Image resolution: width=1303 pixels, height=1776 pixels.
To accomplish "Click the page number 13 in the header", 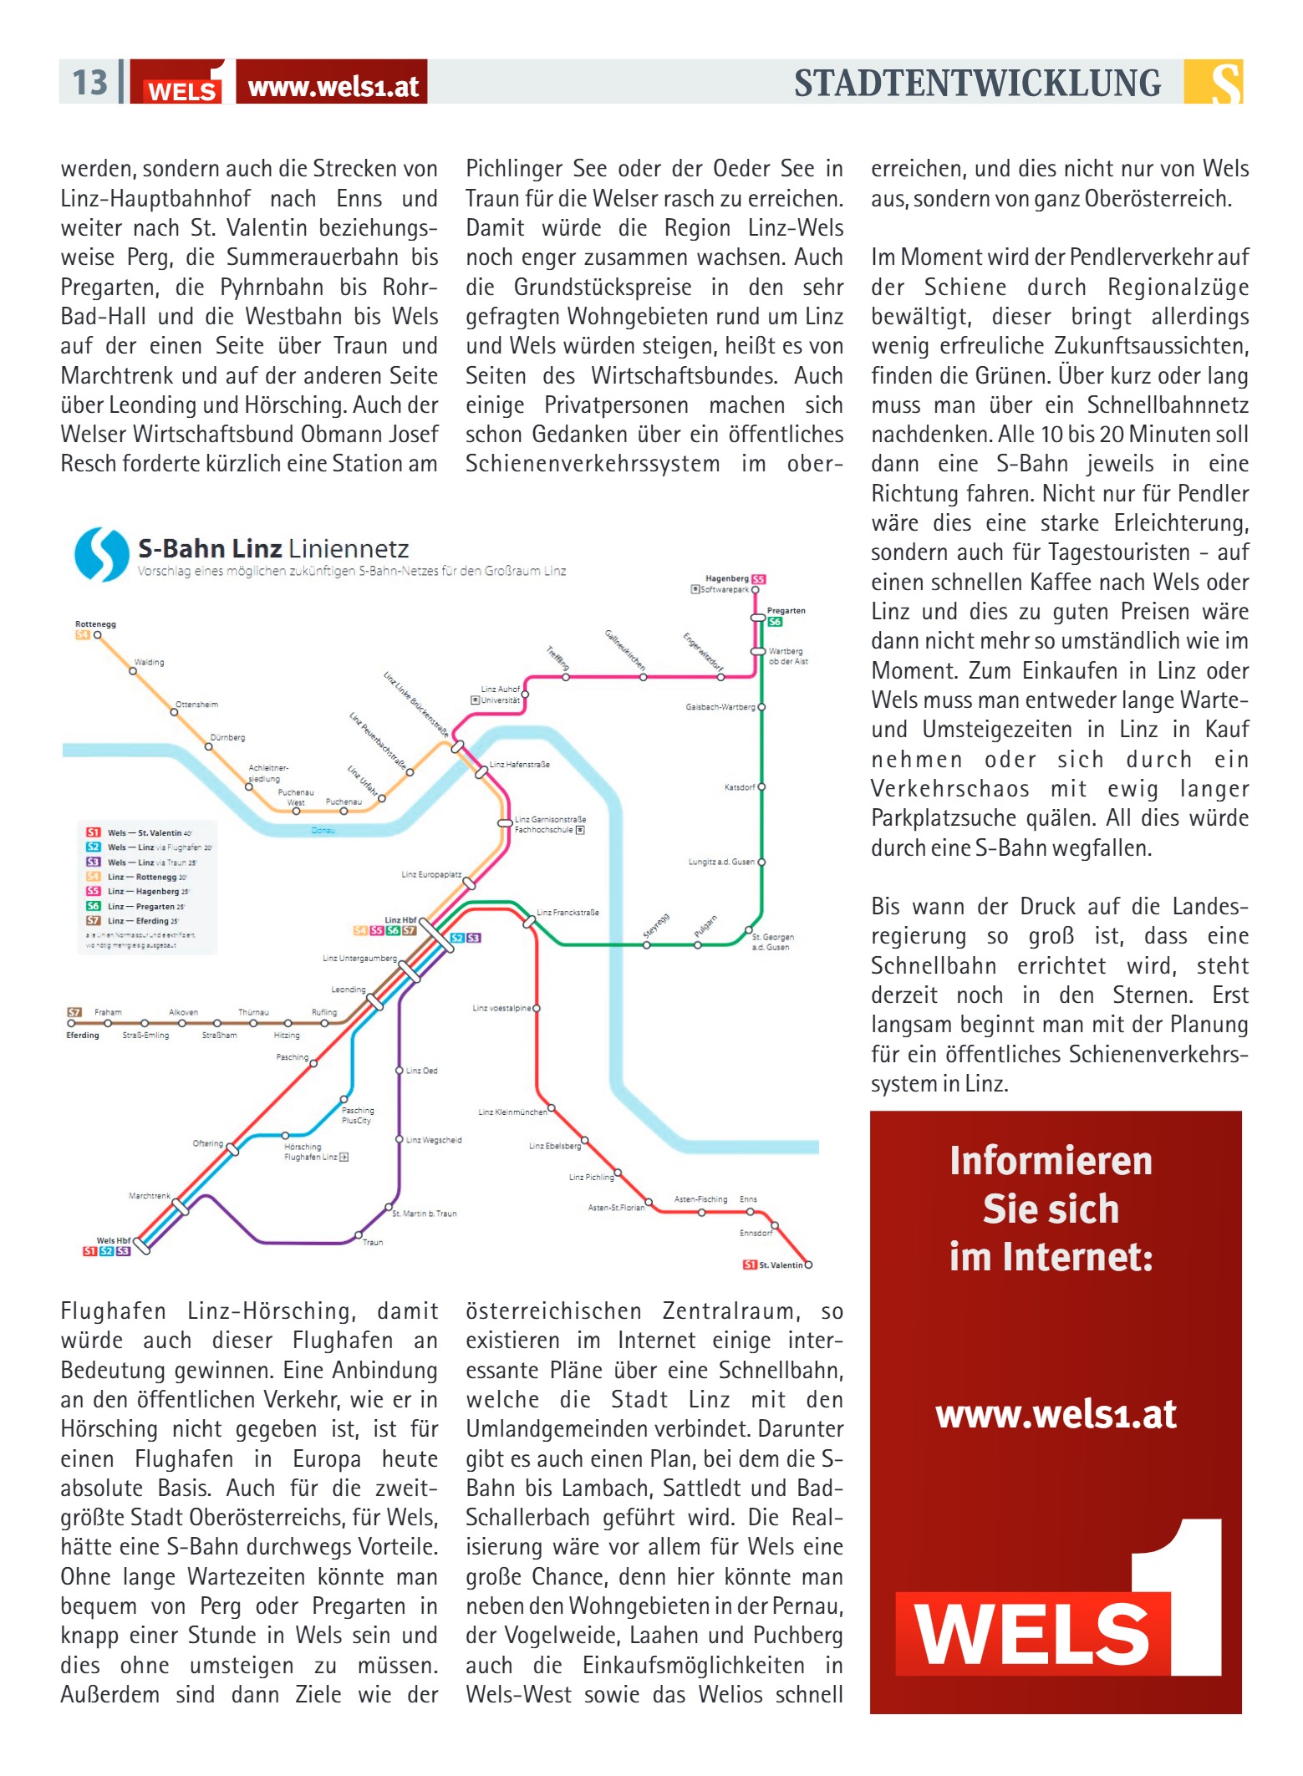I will coord(89,83).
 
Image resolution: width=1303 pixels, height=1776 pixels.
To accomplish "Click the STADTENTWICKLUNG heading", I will coord(977,84).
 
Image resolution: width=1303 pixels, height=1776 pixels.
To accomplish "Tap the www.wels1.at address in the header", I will coord(333,86).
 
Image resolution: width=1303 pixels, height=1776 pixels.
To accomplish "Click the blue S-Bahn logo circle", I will coord(102,554).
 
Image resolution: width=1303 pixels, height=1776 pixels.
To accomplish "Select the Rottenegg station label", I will coord(95,624).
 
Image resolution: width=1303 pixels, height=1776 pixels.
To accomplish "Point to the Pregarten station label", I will coord(786,611).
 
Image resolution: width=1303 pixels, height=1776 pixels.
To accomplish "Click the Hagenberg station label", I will coord(726,578).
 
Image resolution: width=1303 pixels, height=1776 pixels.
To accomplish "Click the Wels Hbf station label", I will coord(113,1240).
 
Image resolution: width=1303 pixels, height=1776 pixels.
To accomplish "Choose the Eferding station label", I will coord(83,1036).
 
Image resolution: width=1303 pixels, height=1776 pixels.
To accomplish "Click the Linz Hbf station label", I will coord(400,920).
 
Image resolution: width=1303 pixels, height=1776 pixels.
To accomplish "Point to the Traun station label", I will coord(373,1243).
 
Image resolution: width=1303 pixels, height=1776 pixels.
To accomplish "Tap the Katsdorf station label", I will coord(740,787).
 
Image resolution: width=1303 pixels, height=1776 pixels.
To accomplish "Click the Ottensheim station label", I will coord(196,705).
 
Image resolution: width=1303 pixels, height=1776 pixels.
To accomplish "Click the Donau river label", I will coord(323,831).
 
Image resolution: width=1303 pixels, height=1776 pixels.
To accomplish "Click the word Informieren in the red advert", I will coord(1051,1162).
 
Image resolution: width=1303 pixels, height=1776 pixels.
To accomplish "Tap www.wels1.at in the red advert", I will coord(1056,1414).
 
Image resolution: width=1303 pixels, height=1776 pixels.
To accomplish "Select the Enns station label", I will coord(748,1199).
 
